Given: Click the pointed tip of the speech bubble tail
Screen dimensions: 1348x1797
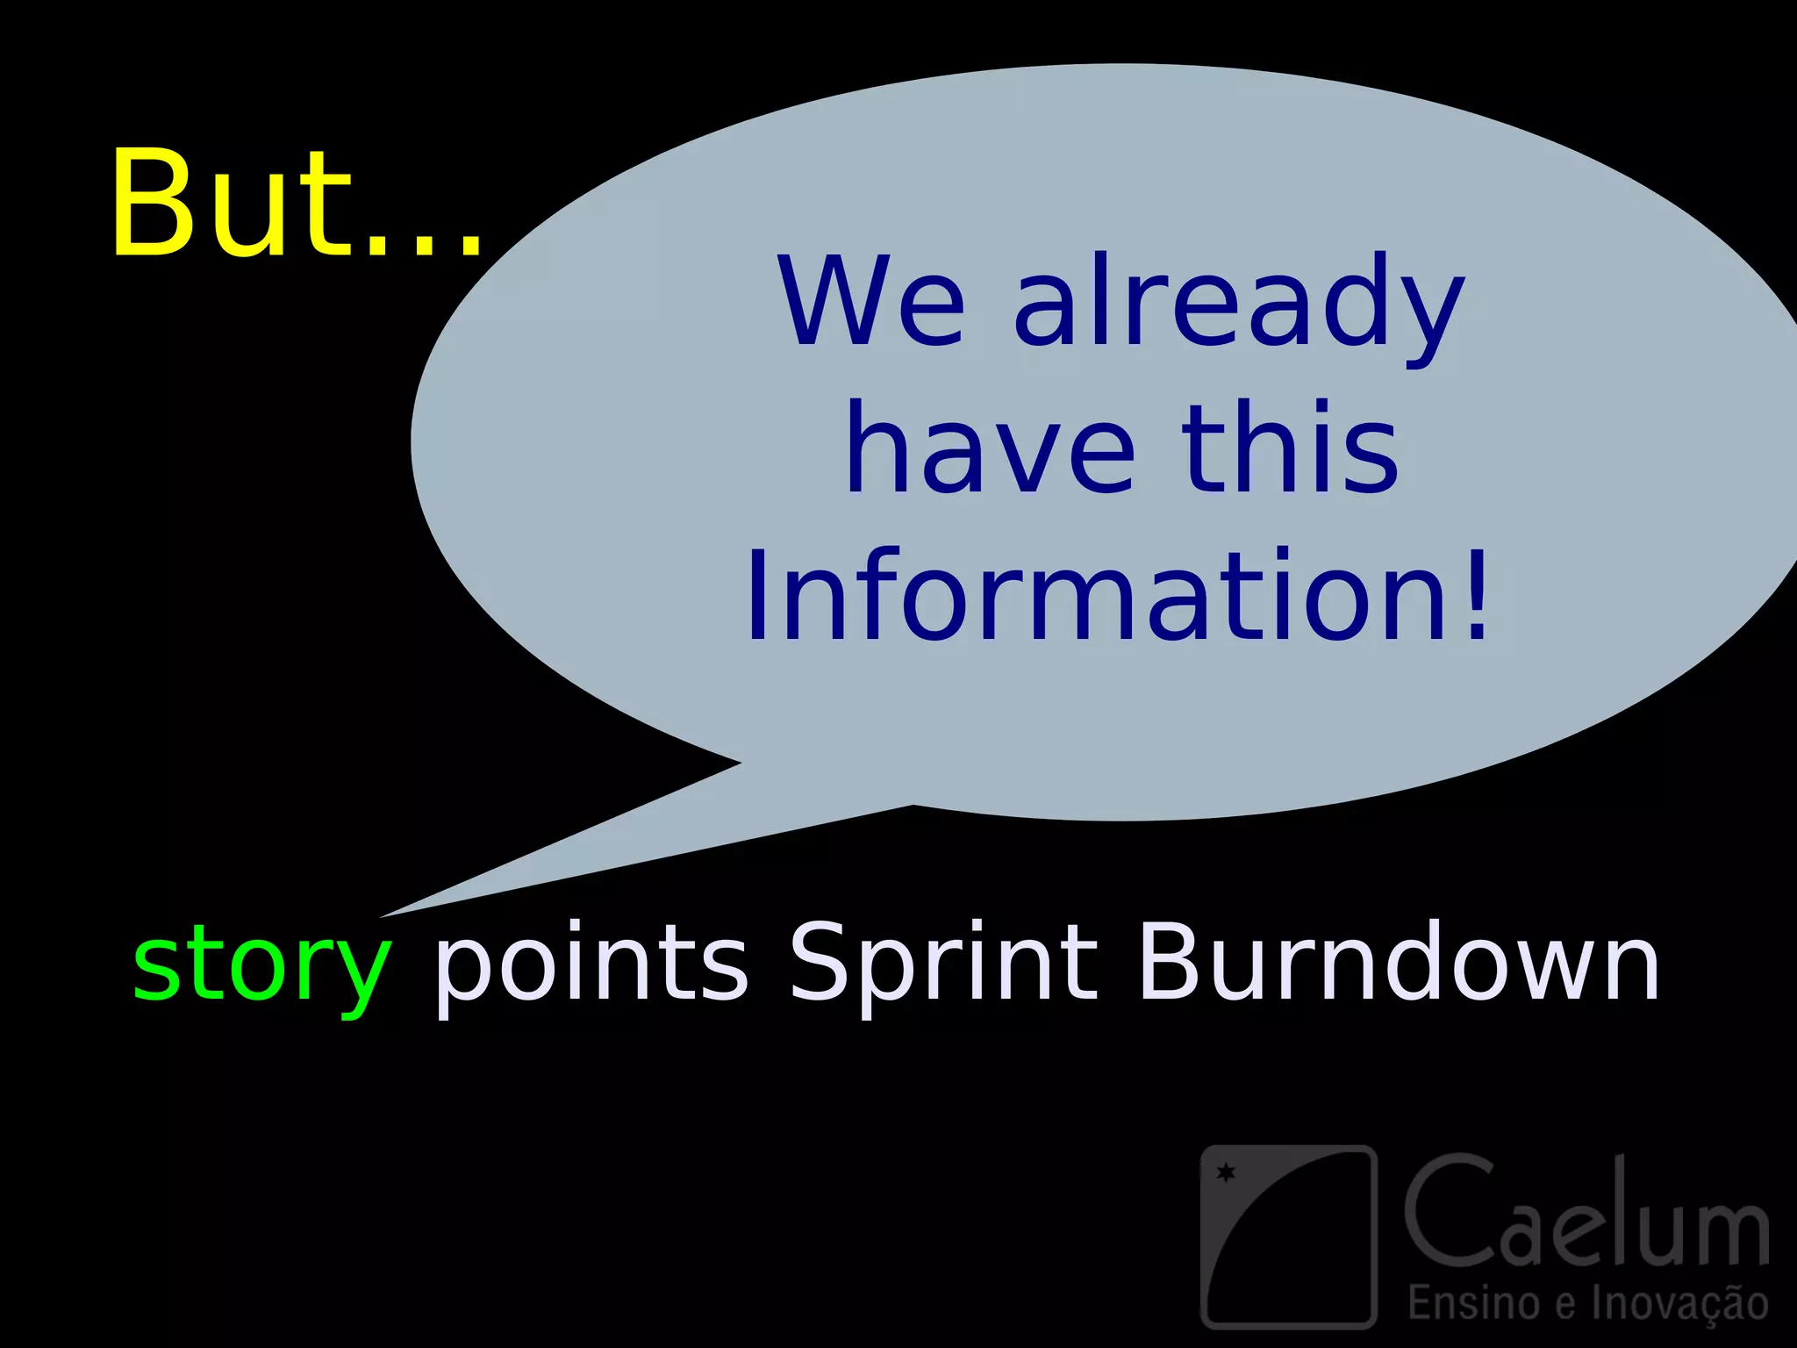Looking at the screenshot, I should pos(384,915).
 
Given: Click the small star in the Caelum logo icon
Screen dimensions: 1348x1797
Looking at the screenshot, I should pos(1226,1172).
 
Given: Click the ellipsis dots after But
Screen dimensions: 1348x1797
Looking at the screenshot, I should pos(425,246).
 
